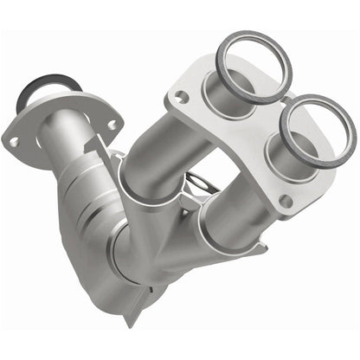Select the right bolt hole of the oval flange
tap(110, 125)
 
